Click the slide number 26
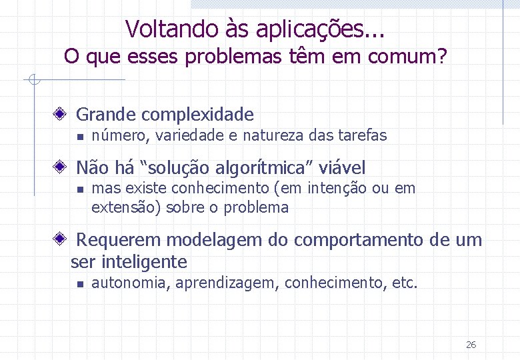click(471, 345)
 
